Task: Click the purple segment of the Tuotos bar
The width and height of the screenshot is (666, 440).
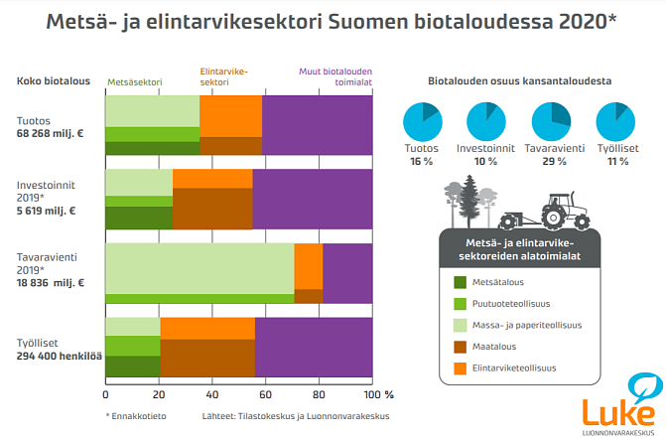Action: (x=317, y=125)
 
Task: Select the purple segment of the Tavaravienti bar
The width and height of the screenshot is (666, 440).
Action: (x=347, y=273)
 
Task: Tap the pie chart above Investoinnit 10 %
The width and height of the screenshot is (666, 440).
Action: (x=484, y=123)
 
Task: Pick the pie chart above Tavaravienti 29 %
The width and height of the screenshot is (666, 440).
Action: (x=550, y=123)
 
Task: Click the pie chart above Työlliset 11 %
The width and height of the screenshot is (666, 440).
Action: (x=615, y=123)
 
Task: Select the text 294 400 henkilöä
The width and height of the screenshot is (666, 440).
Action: (x=60, y=356)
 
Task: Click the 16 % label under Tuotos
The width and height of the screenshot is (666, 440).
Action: (x=422, y=161)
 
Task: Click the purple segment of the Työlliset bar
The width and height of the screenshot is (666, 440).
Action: (x=314, y=347)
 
